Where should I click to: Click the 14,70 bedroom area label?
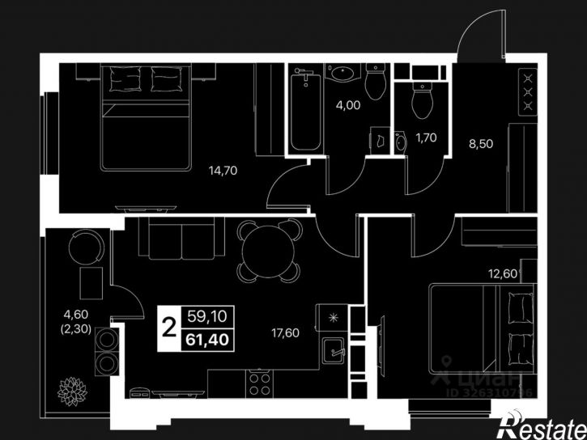[x=223, y=171]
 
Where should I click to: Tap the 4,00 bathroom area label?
[x=348, y=105]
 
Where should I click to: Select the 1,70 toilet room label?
[x=426, y=138]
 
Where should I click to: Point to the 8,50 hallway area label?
[x=481, y=143]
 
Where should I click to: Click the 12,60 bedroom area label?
[x=503, y=274]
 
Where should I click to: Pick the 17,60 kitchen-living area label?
[x=285, y=332]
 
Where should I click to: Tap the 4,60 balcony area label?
[x=75, y=315]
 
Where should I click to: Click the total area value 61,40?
[x=207, y=340]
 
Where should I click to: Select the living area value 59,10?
[x=207, y=316]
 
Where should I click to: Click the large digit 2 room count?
[x=169, y=327]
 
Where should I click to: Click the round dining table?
[x=269, y=251]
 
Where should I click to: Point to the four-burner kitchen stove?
[x=260, y=384]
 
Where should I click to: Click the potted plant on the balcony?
[x=72, y=391]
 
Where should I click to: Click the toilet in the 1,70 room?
[x=423, y=99]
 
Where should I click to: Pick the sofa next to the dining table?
[x=181, y=238]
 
